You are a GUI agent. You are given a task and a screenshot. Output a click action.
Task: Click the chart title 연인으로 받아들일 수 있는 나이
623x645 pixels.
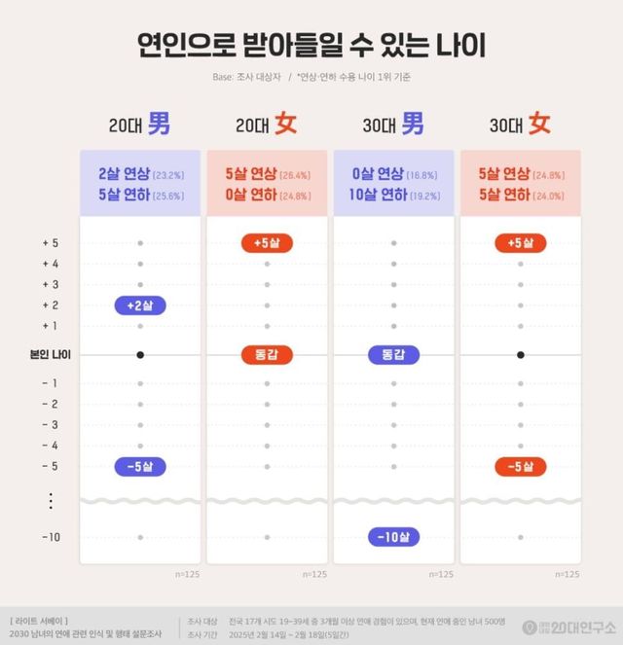click(x=311, y=45)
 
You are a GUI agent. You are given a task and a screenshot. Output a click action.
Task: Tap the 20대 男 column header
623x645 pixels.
click(x=140, y=125)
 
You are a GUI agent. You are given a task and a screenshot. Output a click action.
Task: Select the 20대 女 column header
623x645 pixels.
click(x=267, y=125)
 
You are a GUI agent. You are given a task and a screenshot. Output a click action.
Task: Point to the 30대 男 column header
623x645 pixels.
click(x=393, y=125)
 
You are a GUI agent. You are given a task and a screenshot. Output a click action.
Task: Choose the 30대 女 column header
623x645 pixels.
click(x=520, y=125)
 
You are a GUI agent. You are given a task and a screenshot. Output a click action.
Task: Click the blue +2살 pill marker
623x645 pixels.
click(x=140, y=305)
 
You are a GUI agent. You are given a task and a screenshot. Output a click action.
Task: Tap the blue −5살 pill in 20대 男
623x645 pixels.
click(x=140, y=466)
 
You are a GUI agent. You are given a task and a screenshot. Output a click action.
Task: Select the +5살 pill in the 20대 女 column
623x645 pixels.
click(x=267, y=243)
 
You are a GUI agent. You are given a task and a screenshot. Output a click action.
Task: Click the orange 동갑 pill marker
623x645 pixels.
click(x=267, y=355)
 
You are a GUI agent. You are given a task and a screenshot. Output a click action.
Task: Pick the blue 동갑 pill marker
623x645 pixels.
click(x=393, y=355)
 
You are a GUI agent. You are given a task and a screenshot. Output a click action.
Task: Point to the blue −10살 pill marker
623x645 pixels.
click(x=393, y=537)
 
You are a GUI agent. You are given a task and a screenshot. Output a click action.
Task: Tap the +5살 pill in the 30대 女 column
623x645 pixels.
click(x=520, y=243)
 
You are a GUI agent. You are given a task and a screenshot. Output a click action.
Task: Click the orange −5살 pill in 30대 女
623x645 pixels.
click(x=520, y=466)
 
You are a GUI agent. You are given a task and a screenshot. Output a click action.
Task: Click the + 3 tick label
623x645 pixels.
click(x=50, y=285)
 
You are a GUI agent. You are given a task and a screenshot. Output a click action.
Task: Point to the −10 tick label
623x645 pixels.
click(x=50, y=537)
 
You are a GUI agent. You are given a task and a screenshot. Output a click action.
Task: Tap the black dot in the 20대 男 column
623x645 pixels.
click(x=140, y=355)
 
